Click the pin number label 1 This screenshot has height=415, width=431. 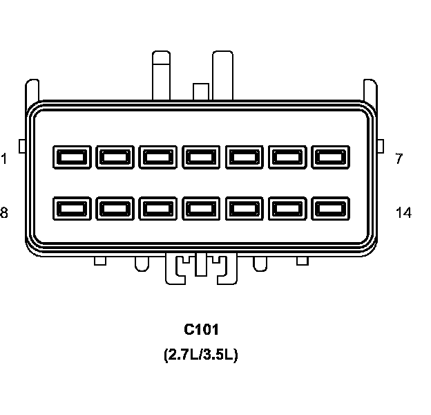[x=4, y=158]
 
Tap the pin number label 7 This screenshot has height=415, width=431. [x=399, y=158]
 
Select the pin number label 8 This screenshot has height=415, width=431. [x=4, y=213]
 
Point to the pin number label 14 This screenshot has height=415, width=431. [x=403, y=213]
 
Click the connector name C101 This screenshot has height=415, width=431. [x=201, y=330]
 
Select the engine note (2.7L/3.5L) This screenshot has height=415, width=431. [x=201, y=356]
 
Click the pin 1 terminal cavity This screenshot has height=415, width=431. [x=72, y=158]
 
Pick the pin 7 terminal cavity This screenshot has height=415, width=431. [x=332, y=158]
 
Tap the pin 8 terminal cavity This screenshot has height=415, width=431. [x=72, y=208]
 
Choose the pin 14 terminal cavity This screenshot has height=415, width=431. [x=332, y=208]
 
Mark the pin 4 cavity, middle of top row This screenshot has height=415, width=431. [x=202, y=158]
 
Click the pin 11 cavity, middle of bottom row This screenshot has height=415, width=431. [x=202, y=208]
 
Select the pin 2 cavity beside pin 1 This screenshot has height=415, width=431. [x=115, y=158]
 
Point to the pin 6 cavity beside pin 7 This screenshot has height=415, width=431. [x=289, y=158]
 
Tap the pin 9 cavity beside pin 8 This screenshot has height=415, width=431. [x=115, y=208]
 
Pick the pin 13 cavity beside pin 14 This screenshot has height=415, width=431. [x=289, y=208]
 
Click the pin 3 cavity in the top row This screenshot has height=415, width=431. [x=158, y=158]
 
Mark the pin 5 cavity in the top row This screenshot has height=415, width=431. [x=245, y=158]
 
